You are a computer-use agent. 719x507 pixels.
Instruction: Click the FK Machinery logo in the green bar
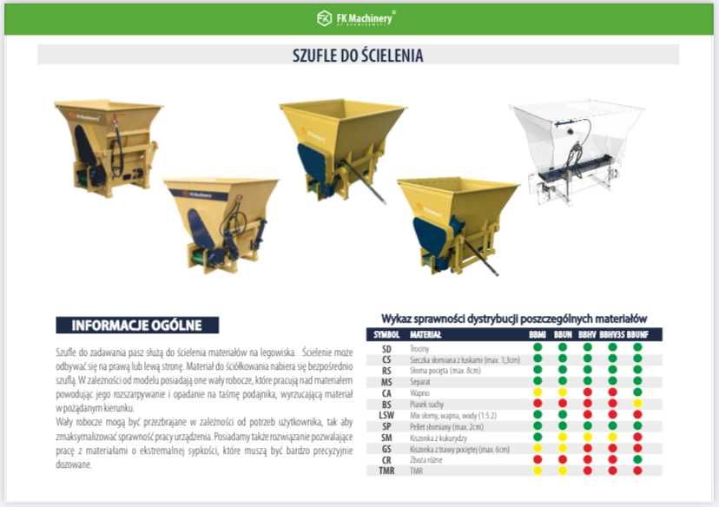tap(357, 17)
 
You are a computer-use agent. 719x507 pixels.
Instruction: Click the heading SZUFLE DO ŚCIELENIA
tap(358, 56)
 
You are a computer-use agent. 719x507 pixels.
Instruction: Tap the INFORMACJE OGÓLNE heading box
tap(137, 326)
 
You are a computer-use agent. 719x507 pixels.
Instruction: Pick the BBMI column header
tap(538, 334)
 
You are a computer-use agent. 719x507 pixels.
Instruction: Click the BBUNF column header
tap(638, 334)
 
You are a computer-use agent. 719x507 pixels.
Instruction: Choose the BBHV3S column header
tap(612, 334)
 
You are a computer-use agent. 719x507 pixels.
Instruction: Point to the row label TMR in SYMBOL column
tap(386, 471)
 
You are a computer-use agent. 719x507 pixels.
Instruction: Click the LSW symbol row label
tap(386, 414)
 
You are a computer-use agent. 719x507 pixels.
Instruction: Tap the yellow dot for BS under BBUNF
tap(638, 403)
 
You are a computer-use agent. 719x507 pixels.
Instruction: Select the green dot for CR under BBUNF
tap(638, 459)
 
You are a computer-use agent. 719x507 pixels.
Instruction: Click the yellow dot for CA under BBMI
tap(538, 392)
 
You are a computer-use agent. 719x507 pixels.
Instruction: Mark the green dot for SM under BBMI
tap(538, 437)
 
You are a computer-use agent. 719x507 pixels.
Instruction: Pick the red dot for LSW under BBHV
tap(587, 414)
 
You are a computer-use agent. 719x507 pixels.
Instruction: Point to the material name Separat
tap(420, 380)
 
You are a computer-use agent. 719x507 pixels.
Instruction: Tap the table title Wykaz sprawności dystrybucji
tap(514, 319)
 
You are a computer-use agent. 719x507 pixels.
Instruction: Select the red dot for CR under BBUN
tap(563, 459)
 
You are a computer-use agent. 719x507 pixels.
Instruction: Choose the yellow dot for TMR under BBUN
tap(563, 471)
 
